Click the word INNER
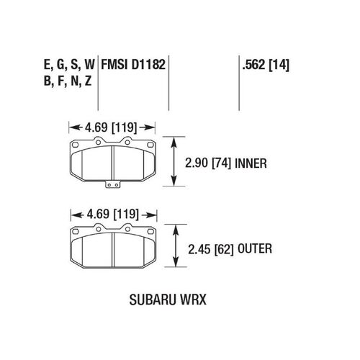[251, 163]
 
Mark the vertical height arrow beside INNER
[174, 162]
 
